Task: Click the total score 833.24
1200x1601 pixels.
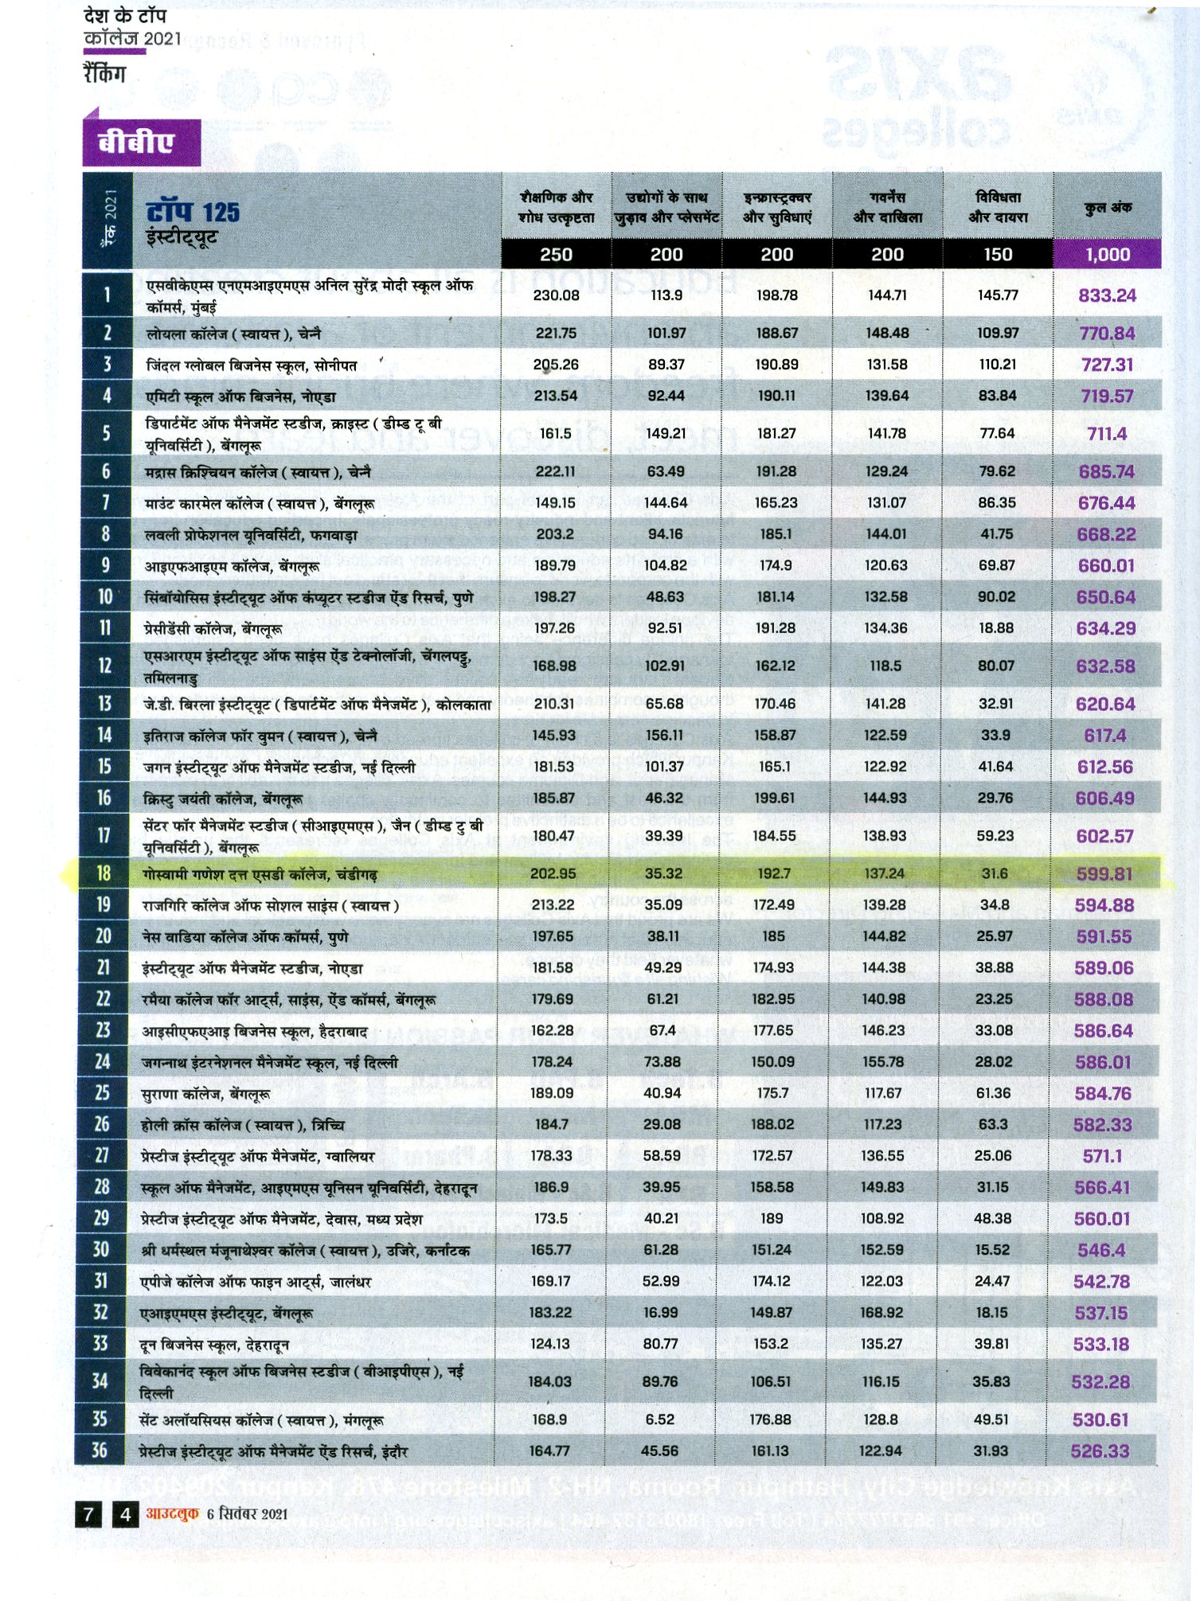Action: click(x=1107, y=295)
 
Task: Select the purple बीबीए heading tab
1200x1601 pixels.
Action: click(x=136, y=143)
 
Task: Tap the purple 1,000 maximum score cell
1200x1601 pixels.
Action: click(x=1107, y=255)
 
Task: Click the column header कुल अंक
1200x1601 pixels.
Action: click(x=1107, y=208)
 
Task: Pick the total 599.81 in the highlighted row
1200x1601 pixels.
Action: click(x=1104, y=874)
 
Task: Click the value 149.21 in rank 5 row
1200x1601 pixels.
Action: click(x=666, y=434)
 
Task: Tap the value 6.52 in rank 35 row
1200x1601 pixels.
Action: click(x=659, y=1419)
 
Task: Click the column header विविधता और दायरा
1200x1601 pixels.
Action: click(x=998, y=207)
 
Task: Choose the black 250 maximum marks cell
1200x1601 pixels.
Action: click(x=556, y=255)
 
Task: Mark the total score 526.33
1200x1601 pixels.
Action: click(x=1100, y=1451)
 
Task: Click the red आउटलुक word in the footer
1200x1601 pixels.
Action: click(x=172, y=1513)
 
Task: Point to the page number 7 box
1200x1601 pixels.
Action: click(x=88, y=1513)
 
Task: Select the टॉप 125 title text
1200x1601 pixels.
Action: click(x=193, y=213)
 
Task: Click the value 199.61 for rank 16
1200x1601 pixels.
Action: click(x=774, y=798)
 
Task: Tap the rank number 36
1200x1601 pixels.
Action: click(x=100, y=1451)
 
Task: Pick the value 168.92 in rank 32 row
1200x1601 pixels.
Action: click(x=881, y=1313)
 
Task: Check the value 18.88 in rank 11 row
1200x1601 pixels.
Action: click(x=996, y=628)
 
